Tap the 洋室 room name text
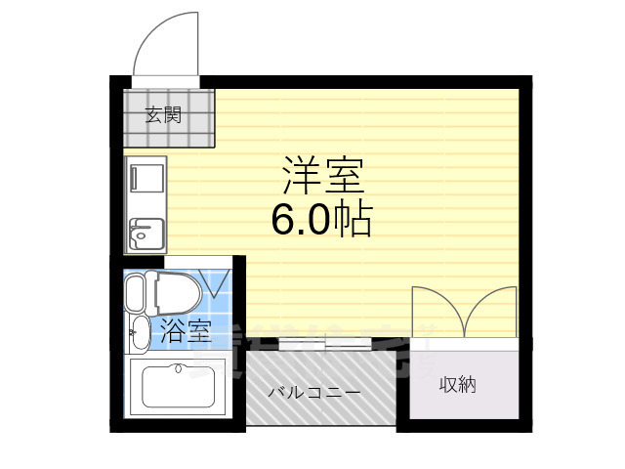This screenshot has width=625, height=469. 323,176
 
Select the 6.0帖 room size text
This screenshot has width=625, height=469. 321,220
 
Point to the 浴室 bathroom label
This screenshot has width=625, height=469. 185,330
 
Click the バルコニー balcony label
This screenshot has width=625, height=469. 314,393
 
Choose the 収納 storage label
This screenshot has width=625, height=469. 457,385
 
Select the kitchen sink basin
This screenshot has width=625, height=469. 146,235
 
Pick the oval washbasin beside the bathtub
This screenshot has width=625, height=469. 142,332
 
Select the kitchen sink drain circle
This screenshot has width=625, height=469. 142,234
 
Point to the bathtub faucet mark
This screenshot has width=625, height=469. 178,368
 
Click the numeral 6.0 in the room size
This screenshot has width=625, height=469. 300,221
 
